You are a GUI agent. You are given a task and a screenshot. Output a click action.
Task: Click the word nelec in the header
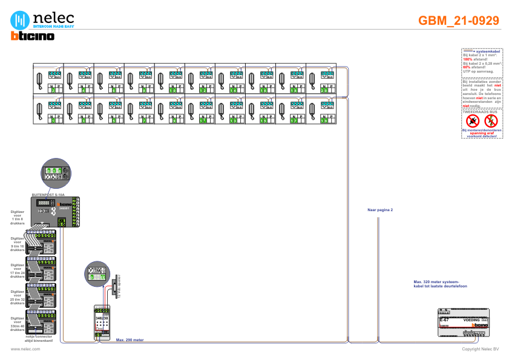53,18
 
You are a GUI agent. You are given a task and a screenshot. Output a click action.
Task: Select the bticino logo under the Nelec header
33,36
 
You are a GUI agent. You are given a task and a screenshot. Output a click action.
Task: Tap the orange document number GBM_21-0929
459,21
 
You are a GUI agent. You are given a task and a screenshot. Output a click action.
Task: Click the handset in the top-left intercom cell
40,78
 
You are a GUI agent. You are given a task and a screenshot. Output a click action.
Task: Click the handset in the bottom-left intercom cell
40,109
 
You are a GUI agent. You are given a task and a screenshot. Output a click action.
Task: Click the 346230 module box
102,321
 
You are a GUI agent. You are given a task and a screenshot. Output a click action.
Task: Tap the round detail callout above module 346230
97,273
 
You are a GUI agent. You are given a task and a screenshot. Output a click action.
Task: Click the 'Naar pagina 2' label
380,211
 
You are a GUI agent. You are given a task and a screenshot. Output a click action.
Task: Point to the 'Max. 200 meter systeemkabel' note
436,284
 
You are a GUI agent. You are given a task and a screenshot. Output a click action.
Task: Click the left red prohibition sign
473,121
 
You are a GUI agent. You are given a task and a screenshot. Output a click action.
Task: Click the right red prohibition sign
490,121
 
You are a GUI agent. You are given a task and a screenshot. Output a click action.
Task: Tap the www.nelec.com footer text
21,349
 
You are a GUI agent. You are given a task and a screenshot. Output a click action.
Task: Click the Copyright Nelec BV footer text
480,349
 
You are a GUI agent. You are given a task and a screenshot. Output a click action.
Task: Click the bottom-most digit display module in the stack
41,321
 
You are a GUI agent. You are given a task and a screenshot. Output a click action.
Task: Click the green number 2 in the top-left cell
53,91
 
